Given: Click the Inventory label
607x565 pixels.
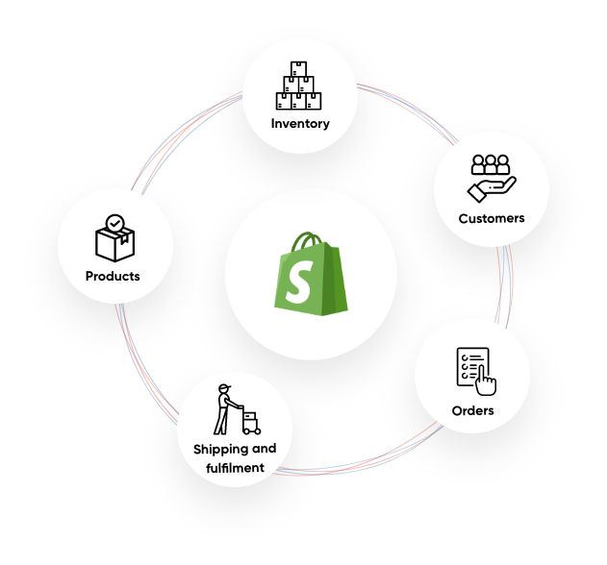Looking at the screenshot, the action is click(x=300, y=123).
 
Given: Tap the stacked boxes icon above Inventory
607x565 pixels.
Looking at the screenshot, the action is click(x=298, y=86).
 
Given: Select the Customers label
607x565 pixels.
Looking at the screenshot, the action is click(x=492, y=218).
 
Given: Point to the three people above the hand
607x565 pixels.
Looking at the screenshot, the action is click(x=491, y=164).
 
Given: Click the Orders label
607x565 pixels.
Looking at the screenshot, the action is click(x=472, y=410).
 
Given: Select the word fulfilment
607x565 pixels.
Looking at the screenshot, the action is click(x=235, y=468).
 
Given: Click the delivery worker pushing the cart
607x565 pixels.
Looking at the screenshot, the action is click(x=226, y=409).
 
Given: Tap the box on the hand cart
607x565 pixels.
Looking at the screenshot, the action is click(x=250, y=417).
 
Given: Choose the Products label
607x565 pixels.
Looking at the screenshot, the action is click(x=113, y=276).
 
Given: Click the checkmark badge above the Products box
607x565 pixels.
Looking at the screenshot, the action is click(x=115, y=224).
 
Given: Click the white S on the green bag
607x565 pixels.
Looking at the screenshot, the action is click(x=299, y=282).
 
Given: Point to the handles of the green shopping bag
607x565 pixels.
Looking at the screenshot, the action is click(x=306, y=242).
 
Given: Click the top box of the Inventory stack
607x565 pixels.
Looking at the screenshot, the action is click(x=298, y=69).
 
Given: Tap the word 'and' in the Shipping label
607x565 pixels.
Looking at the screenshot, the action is click(x=264, y=448).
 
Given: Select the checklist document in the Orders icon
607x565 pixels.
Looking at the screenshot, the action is click(x=472, y=366).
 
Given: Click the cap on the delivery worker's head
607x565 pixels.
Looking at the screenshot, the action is click(x=224, y=386).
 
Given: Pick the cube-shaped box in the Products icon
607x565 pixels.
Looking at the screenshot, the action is click(x=115, y=244).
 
